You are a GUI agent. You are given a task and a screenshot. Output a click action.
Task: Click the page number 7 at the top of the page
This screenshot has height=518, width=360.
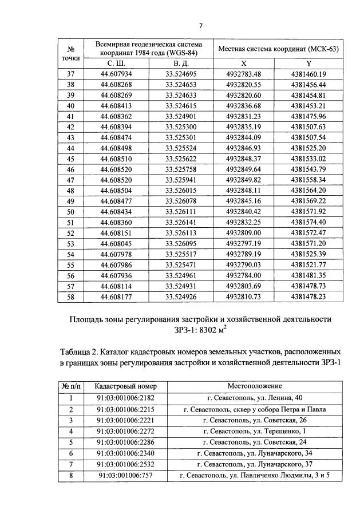(x=201, y=26)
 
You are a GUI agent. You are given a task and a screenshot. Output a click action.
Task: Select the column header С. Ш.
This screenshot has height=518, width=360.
(x=116, y=64)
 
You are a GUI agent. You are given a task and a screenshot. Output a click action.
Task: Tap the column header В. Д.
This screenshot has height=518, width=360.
(x=181, y=64)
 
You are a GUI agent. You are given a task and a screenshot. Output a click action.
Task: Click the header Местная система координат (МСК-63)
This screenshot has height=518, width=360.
(x=278, y=49)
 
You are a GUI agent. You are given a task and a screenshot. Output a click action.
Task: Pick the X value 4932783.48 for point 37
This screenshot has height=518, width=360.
(x=244, y=74)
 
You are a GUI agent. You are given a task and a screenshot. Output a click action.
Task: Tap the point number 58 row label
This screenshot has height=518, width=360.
(x=72, y=296)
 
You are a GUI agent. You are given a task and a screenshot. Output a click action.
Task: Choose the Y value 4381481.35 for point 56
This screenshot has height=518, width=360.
(x=308, y=275)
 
